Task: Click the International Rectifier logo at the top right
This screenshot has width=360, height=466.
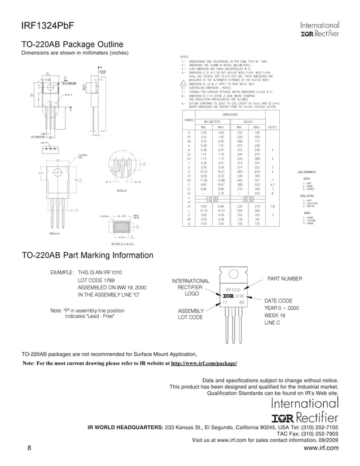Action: click(319, 29)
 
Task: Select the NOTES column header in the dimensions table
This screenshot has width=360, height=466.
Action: click(273, 127)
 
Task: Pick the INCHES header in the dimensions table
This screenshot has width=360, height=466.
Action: click(248, 121)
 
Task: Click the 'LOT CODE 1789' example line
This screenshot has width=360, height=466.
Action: click(96, 280)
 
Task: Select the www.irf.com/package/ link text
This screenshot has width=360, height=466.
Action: click(204, 364)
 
